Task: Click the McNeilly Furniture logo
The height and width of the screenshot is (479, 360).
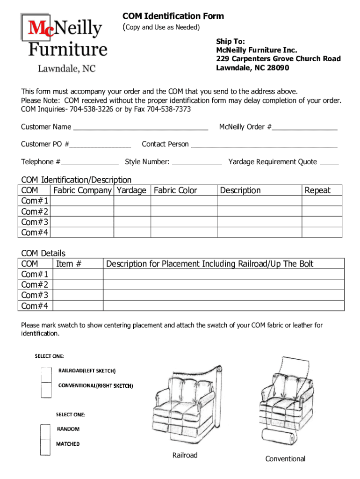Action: click(x=63, y=42)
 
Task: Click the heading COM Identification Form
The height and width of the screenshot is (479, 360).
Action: click(x=173, y=16)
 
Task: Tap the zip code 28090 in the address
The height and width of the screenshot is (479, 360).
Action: click(x=279, y=68)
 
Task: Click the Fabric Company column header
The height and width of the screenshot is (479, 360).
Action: click(x=82, y=190)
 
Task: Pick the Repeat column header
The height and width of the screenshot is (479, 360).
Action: click(x=317, y=190)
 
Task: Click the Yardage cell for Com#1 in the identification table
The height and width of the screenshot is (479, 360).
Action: click(x=132, y=201)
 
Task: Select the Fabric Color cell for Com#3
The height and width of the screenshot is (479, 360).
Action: click(x=184, y=222)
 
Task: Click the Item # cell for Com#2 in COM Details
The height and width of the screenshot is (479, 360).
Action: click(x=78, y=285)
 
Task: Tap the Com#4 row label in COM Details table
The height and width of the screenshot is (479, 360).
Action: click(x=35, y=306)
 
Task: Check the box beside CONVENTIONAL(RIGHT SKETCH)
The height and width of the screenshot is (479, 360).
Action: click(x=46, y=390)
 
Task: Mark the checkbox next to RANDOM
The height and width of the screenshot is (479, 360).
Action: click(x=45, y=432)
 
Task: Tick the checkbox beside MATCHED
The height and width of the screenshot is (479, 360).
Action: click(x=45, y=447)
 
